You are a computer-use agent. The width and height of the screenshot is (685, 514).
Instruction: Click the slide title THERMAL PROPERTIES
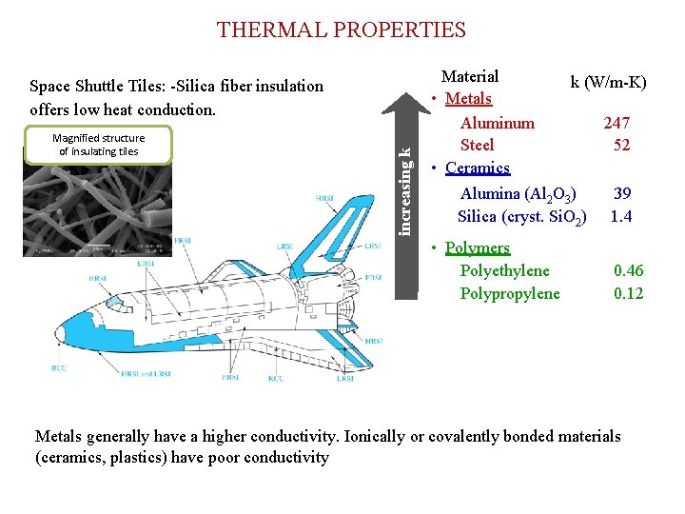342,30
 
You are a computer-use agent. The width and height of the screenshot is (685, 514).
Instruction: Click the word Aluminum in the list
497,123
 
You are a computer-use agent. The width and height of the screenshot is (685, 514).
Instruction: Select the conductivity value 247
616,123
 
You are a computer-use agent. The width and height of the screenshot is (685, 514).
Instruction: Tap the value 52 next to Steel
622,145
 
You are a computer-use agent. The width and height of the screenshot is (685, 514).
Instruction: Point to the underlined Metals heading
468,99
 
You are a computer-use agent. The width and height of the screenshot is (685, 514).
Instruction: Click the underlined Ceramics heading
478,168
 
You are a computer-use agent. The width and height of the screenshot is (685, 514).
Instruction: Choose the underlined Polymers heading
478,247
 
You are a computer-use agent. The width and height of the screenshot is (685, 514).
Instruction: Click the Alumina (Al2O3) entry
518,194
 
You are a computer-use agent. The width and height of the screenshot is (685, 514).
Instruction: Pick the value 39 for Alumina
622,193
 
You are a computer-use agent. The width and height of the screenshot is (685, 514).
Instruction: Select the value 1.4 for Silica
622,216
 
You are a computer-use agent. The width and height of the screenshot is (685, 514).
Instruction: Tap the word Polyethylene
504,271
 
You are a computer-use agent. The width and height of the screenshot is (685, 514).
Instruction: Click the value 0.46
628,271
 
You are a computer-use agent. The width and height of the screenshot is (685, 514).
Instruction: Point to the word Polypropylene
510,293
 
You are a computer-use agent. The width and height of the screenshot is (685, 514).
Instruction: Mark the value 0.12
628,293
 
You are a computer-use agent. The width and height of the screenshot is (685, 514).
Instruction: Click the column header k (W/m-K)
608,82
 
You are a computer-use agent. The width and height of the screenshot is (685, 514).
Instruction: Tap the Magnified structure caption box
99,145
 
